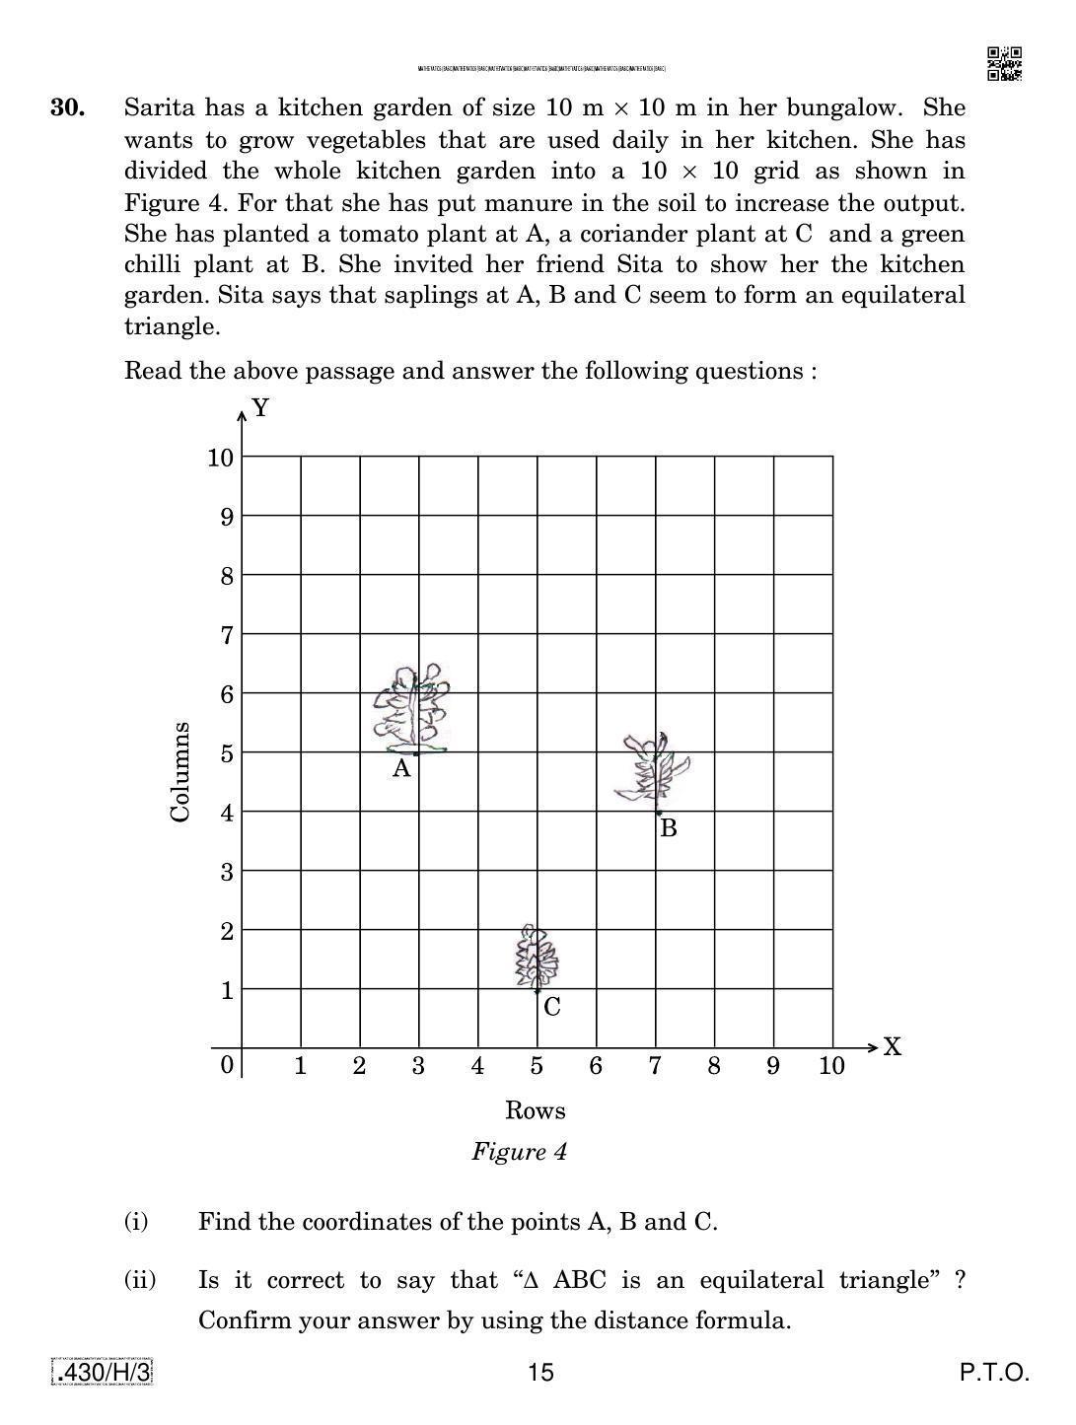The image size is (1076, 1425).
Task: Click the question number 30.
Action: [68, 107]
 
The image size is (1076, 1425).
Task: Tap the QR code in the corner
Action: [1004, 64]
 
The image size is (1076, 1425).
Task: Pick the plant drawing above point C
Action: [536, 957]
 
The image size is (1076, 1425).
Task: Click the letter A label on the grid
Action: [400, 769]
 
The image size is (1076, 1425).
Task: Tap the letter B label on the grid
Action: [668, 828]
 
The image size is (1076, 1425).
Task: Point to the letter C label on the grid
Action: [551, 1007]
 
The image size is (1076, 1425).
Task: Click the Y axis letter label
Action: [260, 408]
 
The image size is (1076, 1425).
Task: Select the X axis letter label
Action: [892, 1046]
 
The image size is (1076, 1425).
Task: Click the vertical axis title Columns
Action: [179, 772]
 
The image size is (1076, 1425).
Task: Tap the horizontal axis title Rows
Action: [535, 1110]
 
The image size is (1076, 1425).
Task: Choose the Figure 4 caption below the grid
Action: [519, 1152]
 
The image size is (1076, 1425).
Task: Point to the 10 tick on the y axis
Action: [221, 458]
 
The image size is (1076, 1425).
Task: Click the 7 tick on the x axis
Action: [655, 1066]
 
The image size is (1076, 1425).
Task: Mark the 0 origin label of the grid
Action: [227, 1065]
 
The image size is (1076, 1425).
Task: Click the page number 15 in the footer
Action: [540, 1372]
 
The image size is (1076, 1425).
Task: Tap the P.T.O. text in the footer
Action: [994, 1372]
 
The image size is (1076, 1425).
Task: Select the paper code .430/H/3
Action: [103, 1372]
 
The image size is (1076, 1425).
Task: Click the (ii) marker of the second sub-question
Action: [140, 1280]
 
